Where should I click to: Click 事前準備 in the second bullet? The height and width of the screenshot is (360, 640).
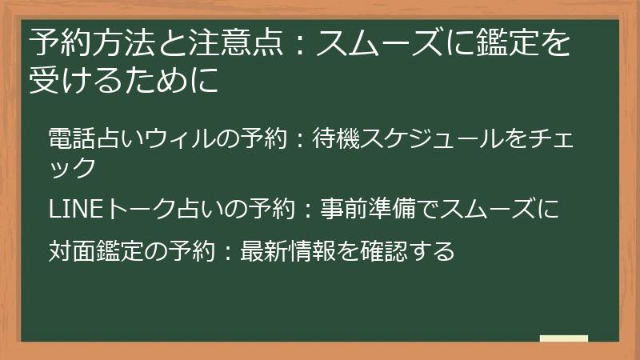click(367, 210)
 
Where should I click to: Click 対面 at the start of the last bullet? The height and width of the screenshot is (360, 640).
click(72, 251)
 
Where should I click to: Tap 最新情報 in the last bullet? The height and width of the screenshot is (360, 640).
click(285, 251)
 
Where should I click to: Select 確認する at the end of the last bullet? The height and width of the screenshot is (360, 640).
click(404, 251)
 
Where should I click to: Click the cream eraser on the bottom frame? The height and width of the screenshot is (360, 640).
click(563, 339)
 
